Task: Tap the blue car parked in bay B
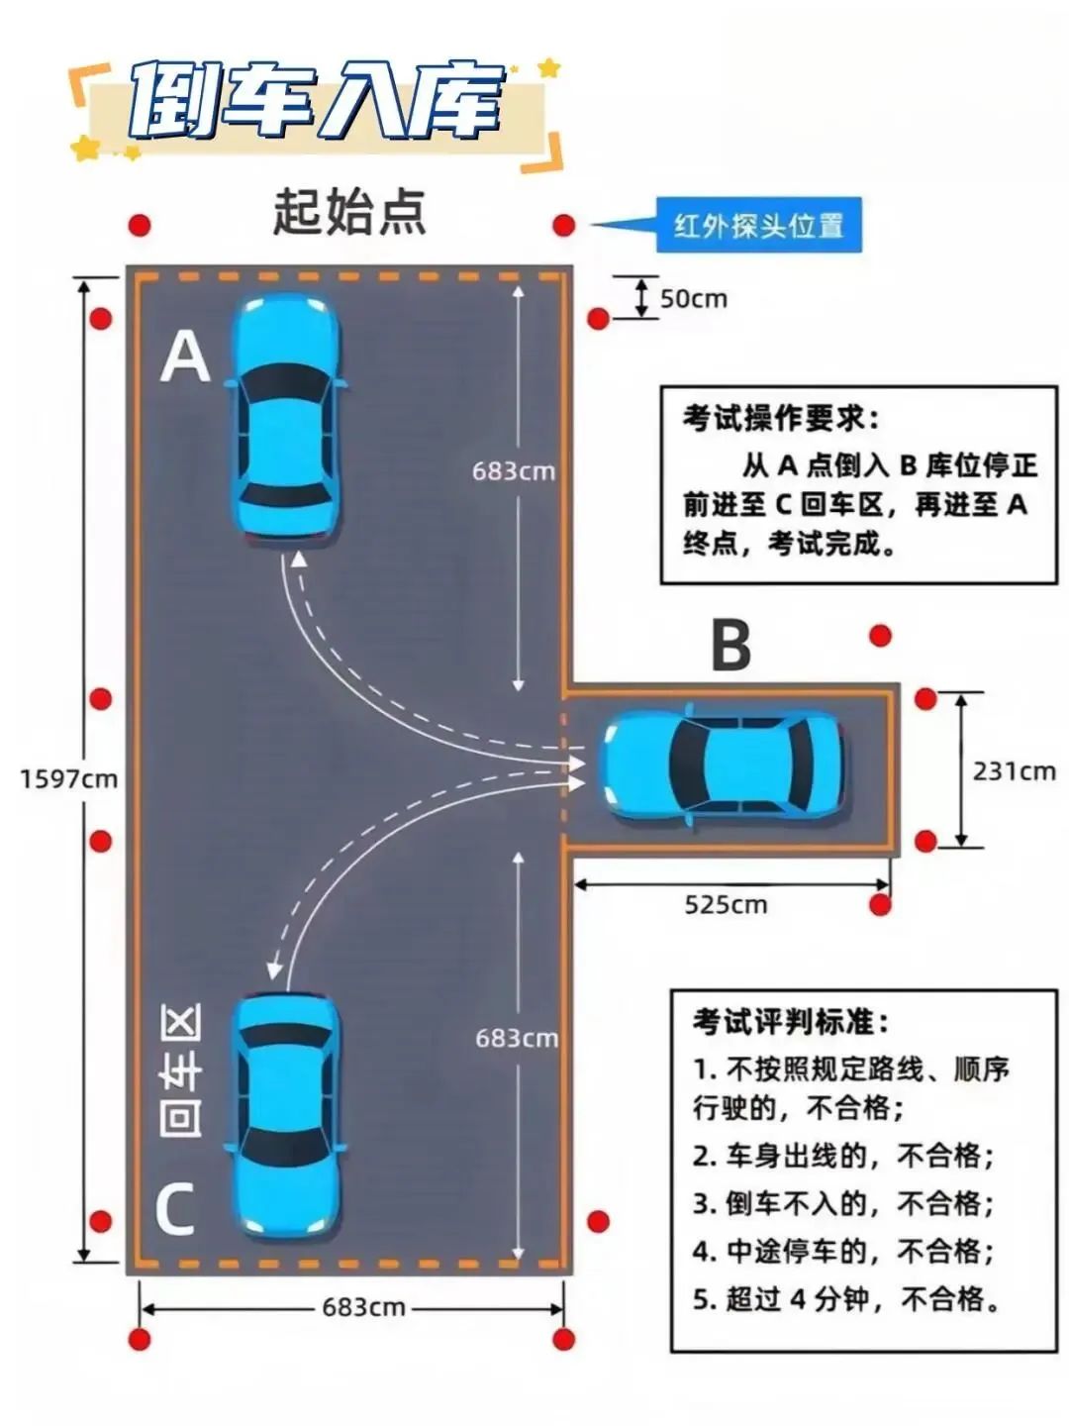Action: click(723, 764)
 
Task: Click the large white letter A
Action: click(185, 356)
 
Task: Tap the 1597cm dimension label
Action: click(68, 778)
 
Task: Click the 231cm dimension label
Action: click(1014, 770)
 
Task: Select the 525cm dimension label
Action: click(726, 904)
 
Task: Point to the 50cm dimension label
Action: click(693, 298)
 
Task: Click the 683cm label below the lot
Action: click(363, 1307)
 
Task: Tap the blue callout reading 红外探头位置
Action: click(758, 226)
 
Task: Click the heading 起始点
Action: click(349, 212)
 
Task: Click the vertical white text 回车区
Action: click(181, 1069)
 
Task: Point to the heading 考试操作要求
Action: click(780, 418)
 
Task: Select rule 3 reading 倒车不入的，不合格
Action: click(842, 1203)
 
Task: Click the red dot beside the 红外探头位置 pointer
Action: click(564, 225)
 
